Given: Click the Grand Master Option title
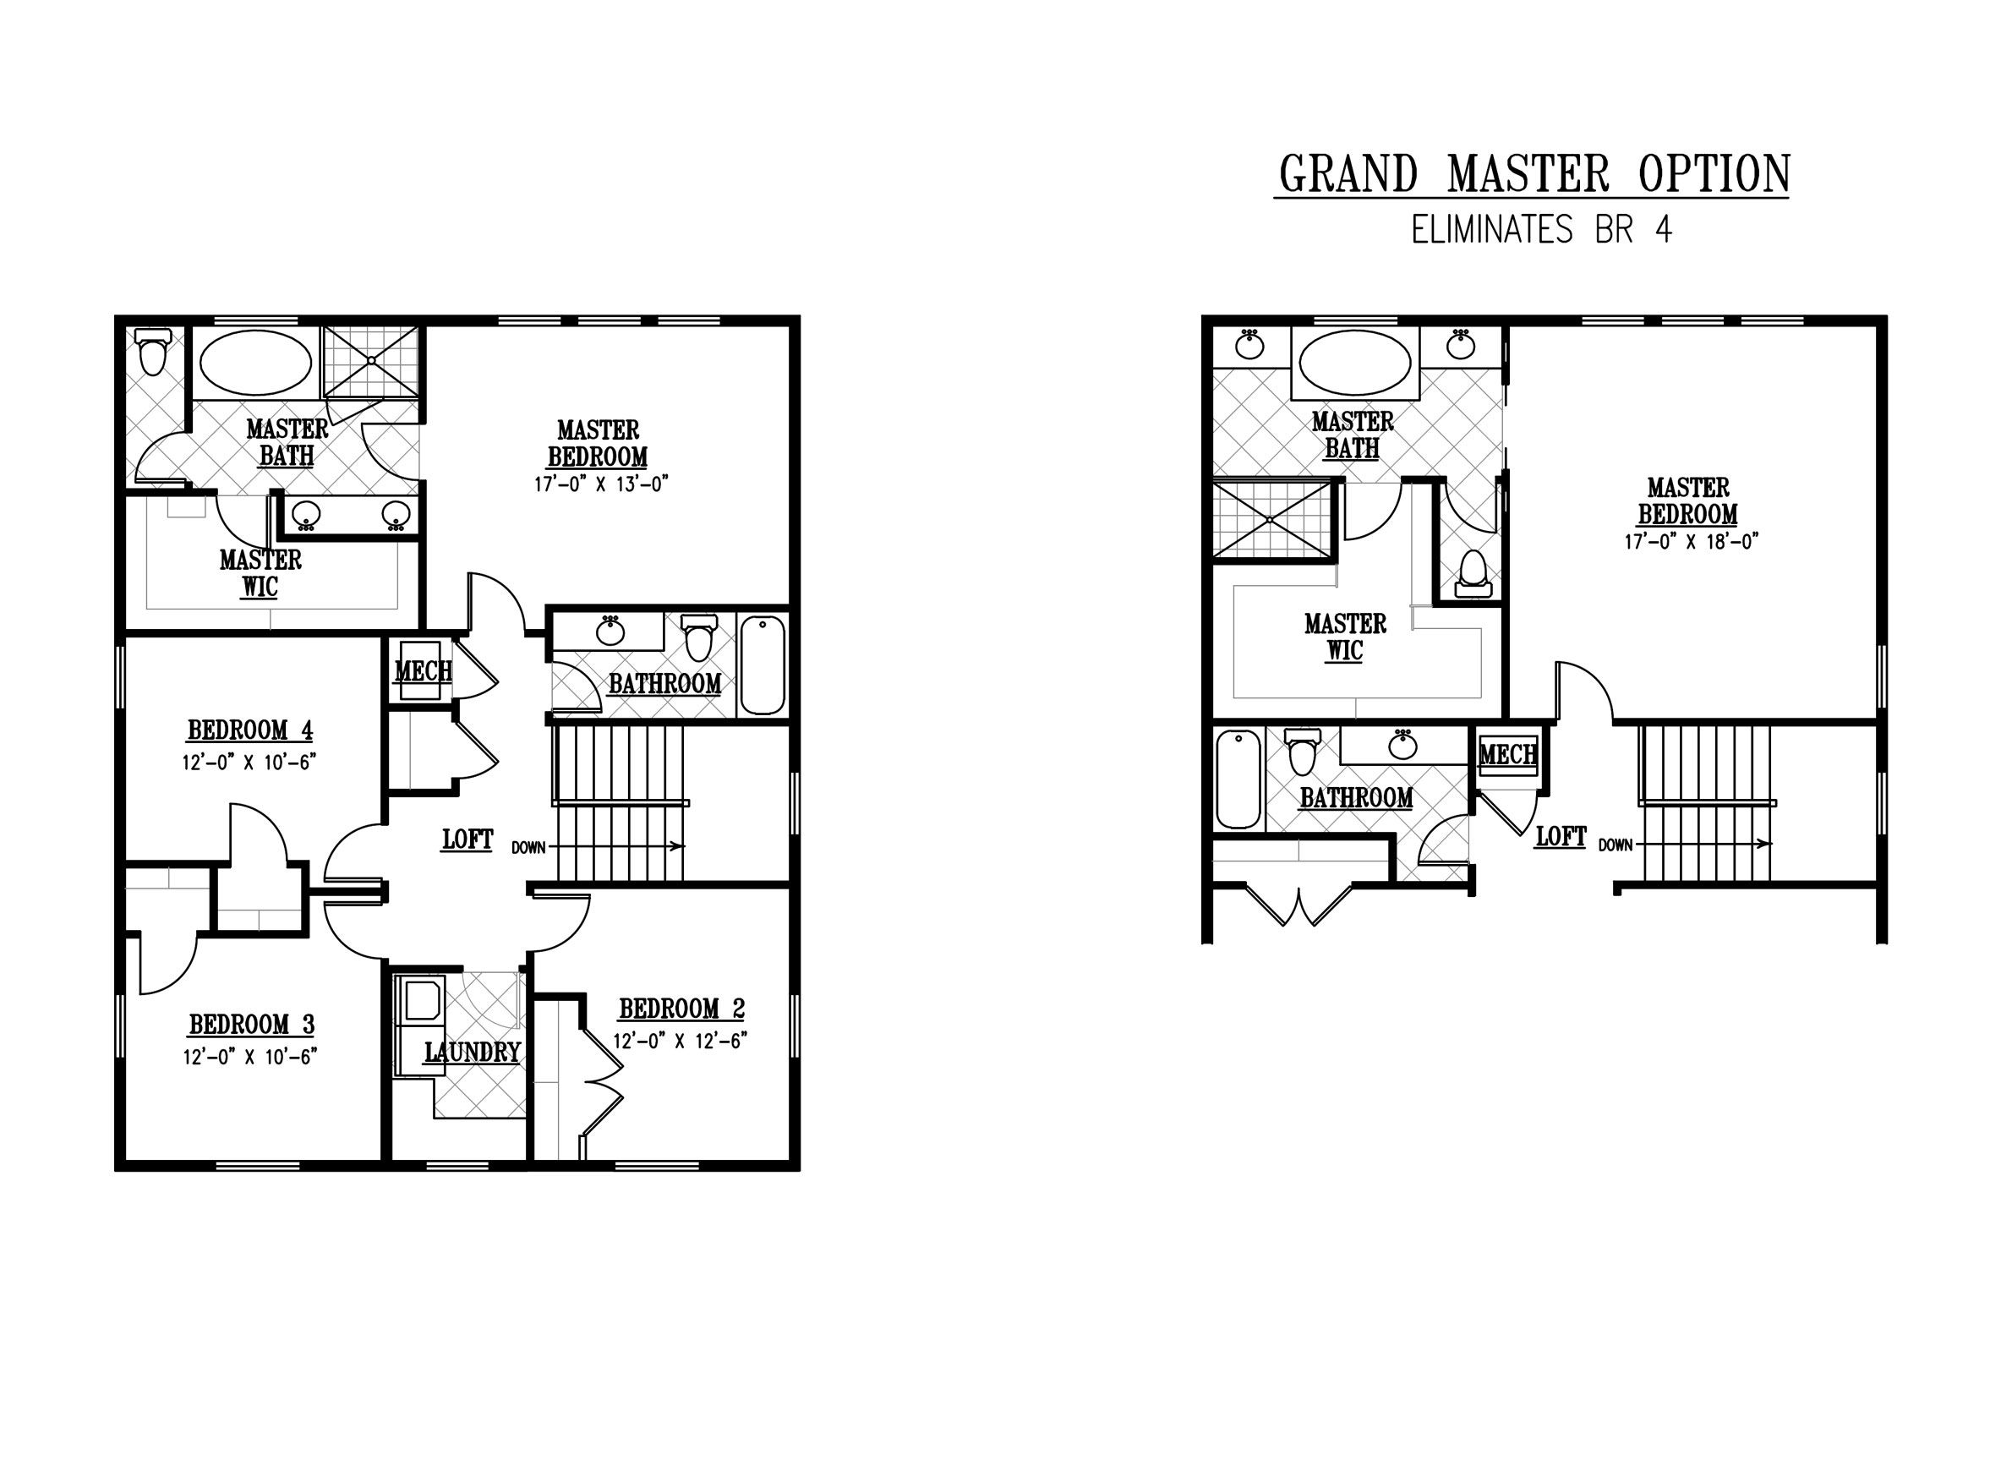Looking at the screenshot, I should pos(1533,174).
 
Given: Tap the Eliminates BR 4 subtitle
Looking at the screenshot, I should pos(1540,231).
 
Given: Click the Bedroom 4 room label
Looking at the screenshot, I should pos(250,731).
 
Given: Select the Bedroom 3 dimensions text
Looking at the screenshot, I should pos(250,1057).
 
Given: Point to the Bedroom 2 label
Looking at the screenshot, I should pos(681,1009).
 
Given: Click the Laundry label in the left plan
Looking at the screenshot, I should pos(472,1053).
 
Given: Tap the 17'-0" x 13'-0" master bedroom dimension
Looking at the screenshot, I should pos(600,485).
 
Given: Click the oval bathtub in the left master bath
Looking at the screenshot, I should pos(255,363).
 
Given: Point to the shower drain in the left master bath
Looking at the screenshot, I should pos(370,361).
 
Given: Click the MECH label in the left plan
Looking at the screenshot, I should pos(423,670).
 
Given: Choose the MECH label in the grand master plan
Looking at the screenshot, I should pos(1507,755).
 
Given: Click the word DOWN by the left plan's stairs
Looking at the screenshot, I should pos(528,848).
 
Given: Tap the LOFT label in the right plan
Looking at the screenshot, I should pos(1561,837).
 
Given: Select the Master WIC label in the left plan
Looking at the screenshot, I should pos(261,573).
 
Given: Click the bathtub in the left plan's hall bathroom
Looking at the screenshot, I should pos(763,664).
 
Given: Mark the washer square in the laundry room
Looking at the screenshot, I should pos(424,999).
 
